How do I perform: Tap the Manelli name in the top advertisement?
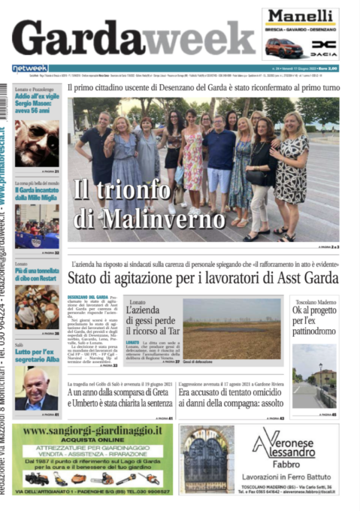(x=299, y=16)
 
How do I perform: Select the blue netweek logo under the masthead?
(x=30, y=68)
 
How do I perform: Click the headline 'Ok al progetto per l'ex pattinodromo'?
(x=313, y=319)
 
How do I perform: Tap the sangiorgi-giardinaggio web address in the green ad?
(x=91, y=433)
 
